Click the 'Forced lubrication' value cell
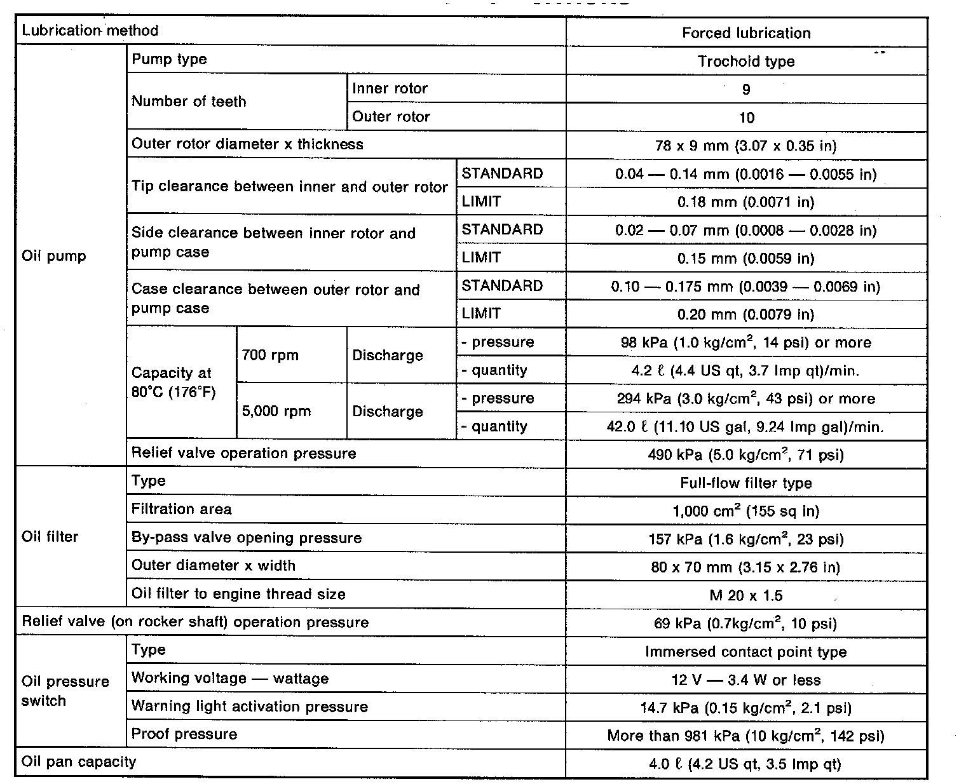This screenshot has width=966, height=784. (746, 33)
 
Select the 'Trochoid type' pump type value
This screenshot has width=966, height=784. (746, 62)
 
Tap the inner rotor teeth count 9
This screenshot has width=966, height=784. (746, 90)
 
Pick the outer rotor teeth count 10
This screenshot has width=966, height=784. (746, 118)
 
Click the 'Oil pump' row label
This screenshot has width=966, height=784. (54, 257)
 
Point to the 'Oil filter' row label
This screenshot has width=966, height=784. (50, 537)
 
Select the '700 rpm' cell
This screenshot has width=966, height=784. (270, 355)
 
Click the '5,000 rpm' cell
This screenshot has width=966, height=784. (276, 411)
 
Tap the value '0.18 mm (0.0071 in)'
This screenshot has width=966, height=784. (746, 202)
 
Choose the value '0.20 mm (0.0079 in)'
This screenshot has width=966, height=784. (746, 314)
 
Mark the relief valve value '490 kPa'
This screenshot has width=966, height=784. (746, 455)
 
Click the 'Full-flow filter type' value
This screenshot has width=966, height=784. (746, 483)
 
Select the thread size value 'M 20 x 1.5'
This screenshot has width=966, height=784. (746, 596)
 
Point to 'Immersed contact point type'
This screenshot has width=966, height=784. (746, 652)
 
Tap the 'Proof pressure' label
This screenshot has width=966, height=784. (184, 734)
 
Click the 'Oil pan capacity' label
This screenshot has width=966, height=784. (79, 762)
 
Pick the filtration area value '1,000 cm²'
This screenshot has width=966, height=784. (746, 511)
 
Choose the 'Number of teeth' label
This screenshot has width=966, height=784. (189, 102)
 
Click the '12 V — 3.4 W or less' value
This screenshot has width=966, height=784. (746, 680)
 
